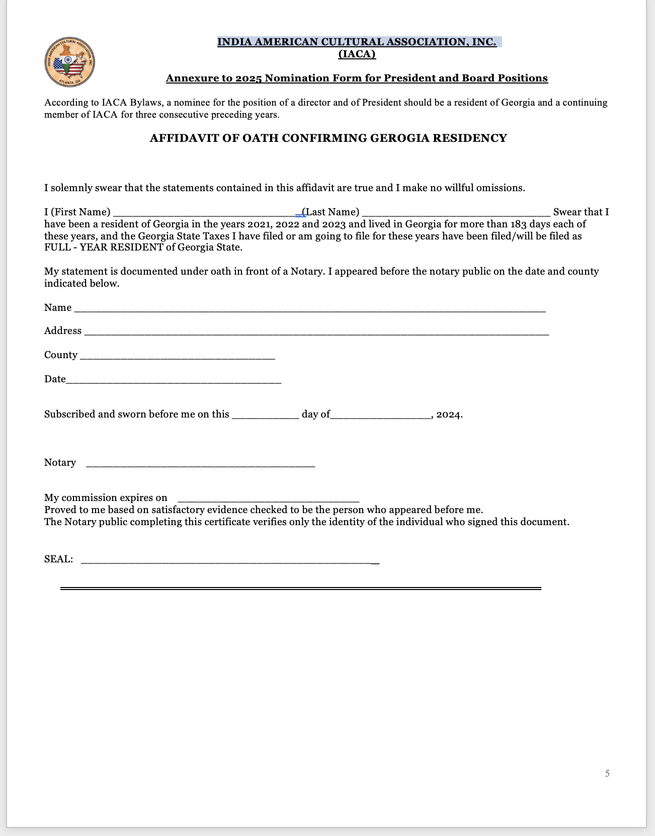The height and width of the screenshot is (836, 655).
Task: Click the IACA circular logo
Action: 69,62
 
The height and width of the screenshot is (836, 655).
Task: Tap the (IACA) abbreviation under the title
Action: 357,54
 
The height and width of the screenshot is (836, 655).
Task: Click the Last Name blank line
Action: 455,213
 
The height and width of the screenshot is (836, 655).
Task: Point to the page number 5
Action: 607,773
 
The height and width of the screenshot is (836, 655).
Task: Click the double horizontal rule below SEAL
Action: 300,588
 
